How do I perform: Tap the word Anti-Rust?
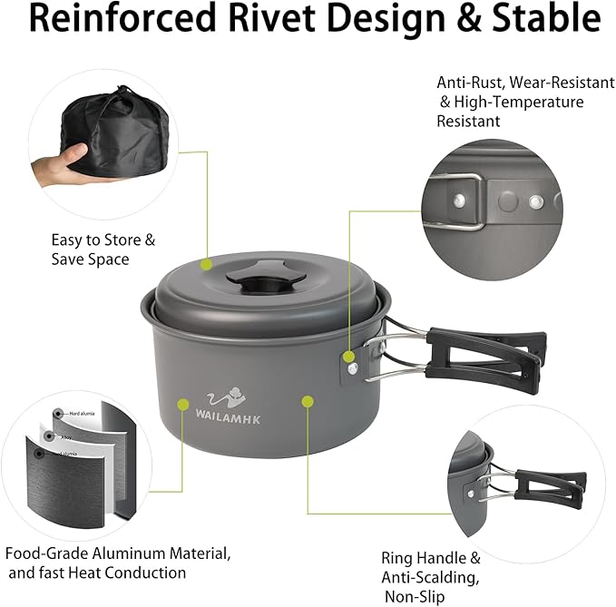click(468, 83)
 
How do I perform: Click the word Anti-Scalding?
click(430, 577)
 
